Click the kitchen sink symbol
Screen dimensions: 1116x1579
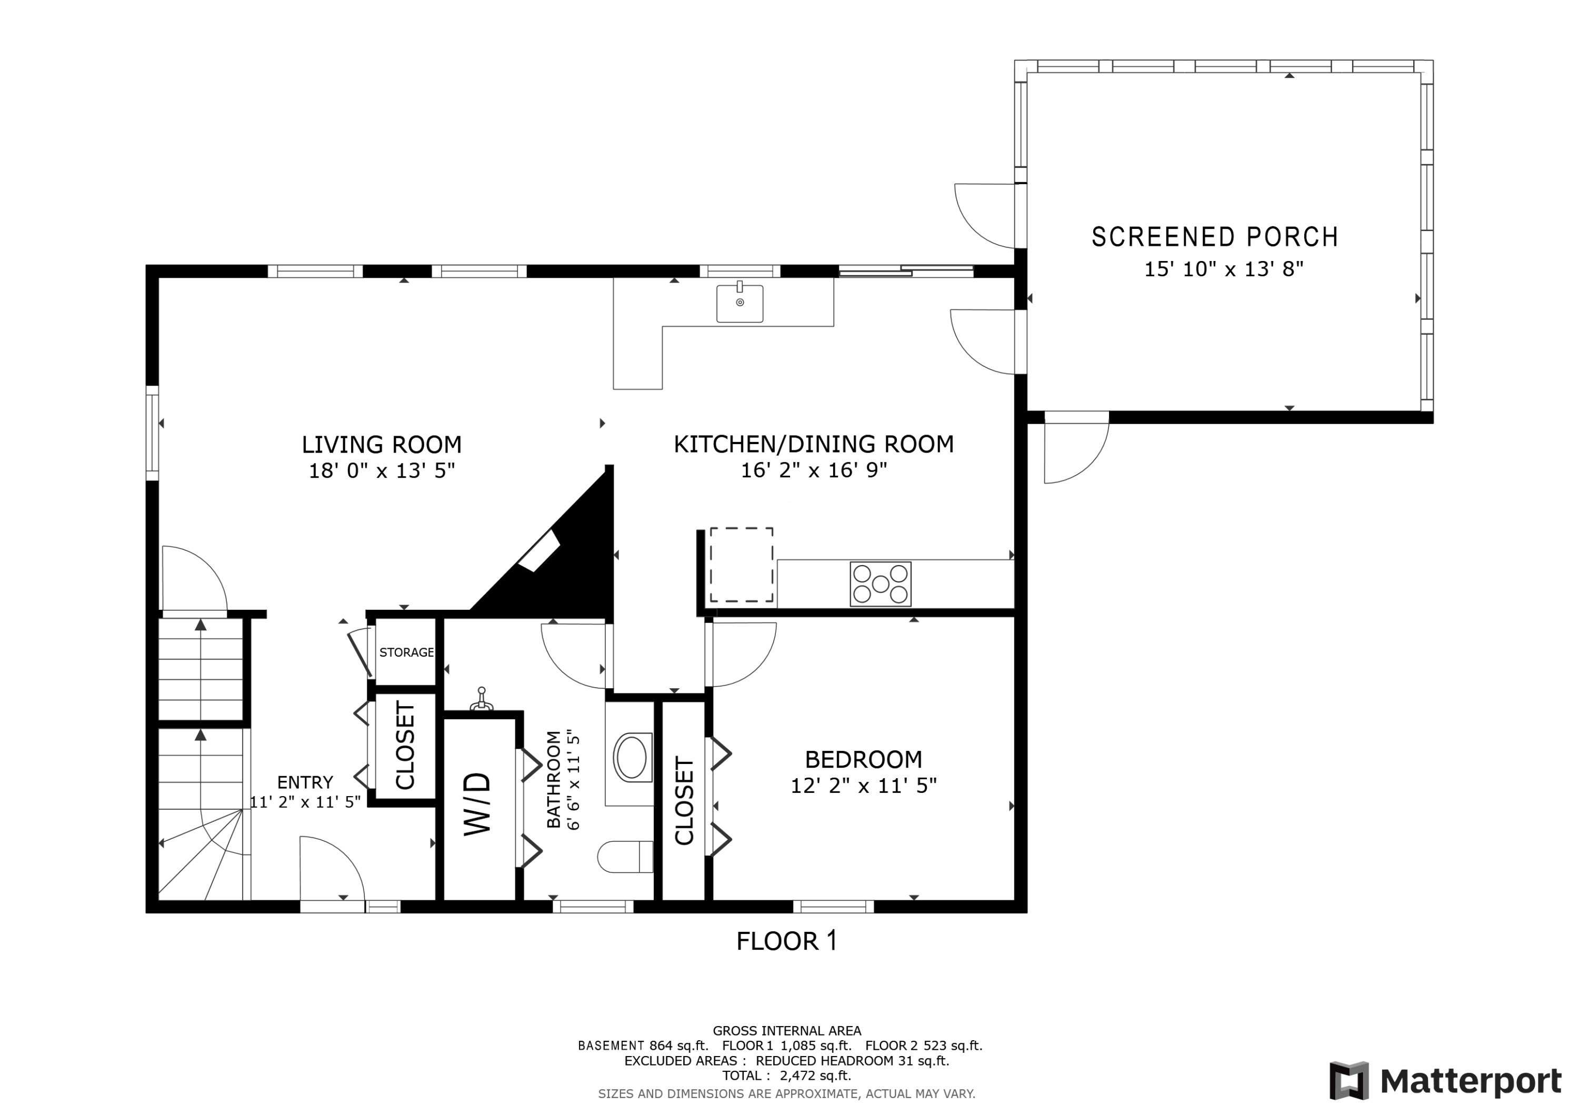click(x=739, y=303)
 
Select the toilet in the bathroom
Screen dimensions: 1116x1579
click(x=624, y=857)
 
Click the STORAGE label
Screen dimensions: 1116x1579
click(x=406, y=652)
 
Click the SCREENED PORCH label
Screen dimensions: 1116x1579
click(x=1214, y=237)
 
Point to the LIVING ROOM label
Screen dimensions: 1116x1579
click(x=382, y=445)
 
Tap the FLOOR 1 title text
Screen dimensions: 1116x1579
click(x=787, y=941)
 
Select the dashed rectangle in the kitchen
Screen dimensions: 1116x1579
click(x=742, y=565)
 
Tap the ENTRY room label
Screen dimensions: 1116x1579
click(x=305, y=782)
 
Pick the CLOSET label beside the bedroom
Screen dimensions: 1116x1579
click(x=684, y=801)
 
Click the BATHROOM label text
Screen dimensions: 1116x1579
click(x=554, y=780)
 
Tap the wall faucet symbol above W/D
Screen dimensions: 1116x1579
click(x=482, y=700)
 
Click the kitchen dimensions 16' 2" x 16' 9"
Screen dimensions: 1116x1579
click(x=814, y=470)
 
